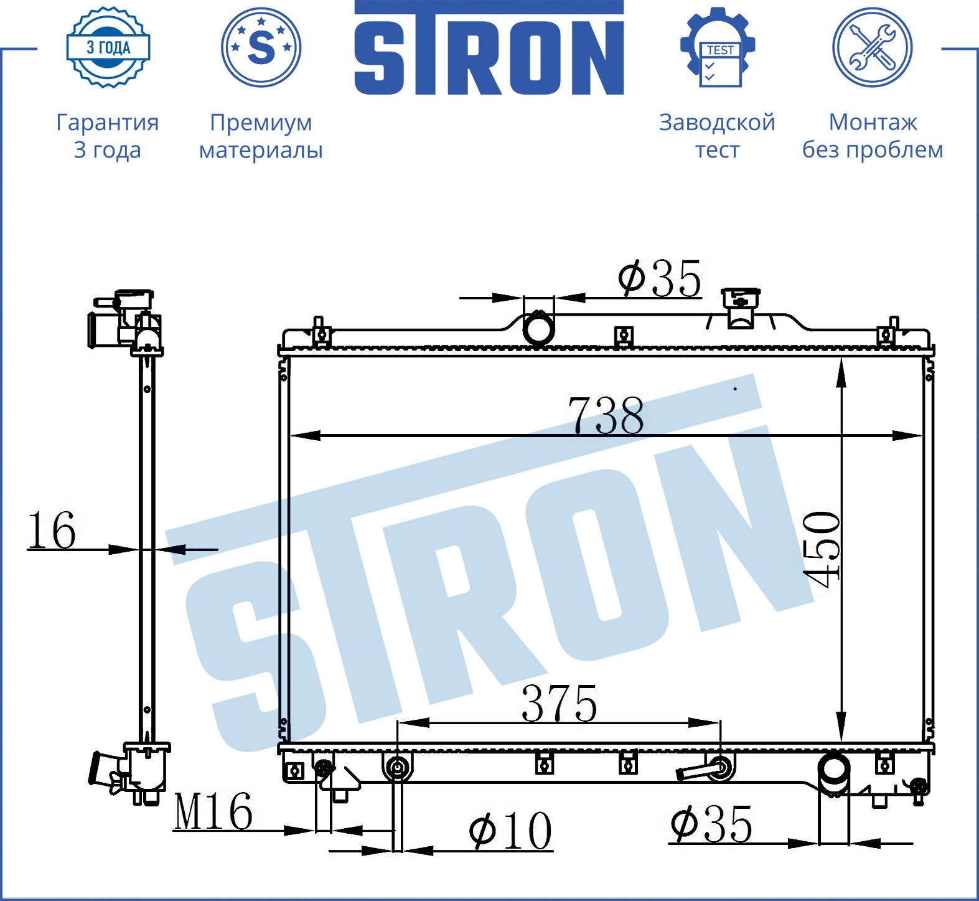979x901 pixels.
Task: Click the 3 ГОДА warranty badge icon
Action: (108, 47)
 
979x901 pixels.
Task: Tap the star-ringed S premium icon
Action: (261, 47)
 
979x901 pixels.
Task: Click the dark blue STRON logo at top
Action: (489, 48)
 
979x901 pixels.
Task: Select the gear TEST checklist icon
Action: (718, 47)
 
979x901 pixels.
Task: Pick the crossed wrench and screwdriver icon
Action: (873, 47)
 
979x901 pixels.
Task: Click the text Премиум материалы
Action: (261, 136)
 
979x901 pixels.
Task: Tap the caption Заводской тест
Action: (717, 136)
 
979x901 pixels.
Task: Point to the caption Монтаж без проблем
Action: (873, 136)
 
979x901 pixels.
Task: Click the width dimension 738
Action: (606, 415)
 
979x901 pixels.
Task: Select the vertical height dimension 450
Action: (822, 549)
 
